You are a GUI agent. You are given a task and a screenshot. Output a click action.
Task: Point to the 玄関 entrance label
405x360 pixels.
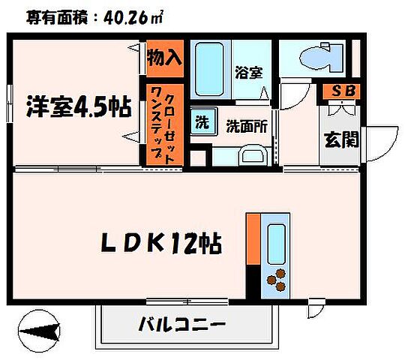[340, 140]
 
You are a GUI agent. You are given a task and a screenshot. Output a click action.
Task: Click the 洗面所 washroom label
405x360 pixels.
[247, 126]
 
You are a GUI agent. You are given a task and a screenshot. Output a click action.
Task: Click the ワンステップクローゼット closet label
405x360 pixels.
[163, 124]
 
